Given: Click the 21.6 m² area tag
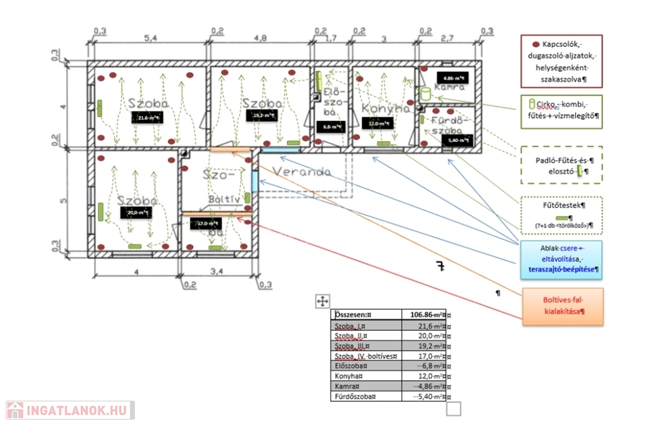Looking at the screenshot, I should (x=146, y=117).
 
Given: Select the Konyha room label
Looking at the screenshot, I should (x=387, y=108).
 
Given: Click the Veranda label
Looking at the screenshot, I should (x=302, y=172).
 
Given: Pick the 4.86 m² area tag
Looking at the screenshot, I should (x=456, y=79).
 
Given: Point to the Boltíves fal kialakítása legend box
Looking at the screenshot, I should (x=563, y=307).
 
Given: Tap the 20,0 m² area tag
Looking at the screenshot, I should (x=137, y=213).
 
